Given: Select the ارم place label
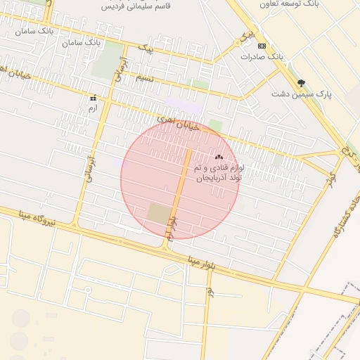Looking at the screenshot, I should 92,108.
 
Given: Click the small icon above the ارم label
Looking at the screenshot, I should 92,98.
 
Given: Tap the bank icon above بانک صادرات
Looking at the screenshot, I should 262,45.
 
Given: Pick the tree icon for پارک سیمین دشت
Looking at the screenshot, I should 302,83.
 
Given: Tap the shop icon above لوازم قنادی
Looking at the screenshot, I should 219,157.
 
